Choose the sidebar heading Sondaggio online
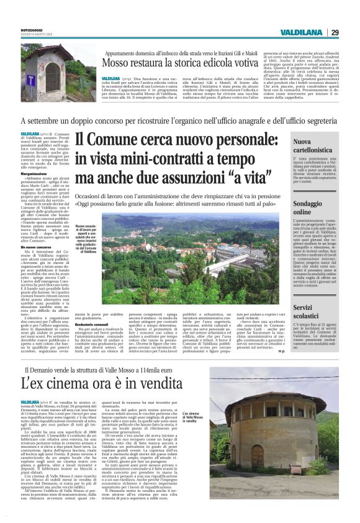[308, 207]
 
